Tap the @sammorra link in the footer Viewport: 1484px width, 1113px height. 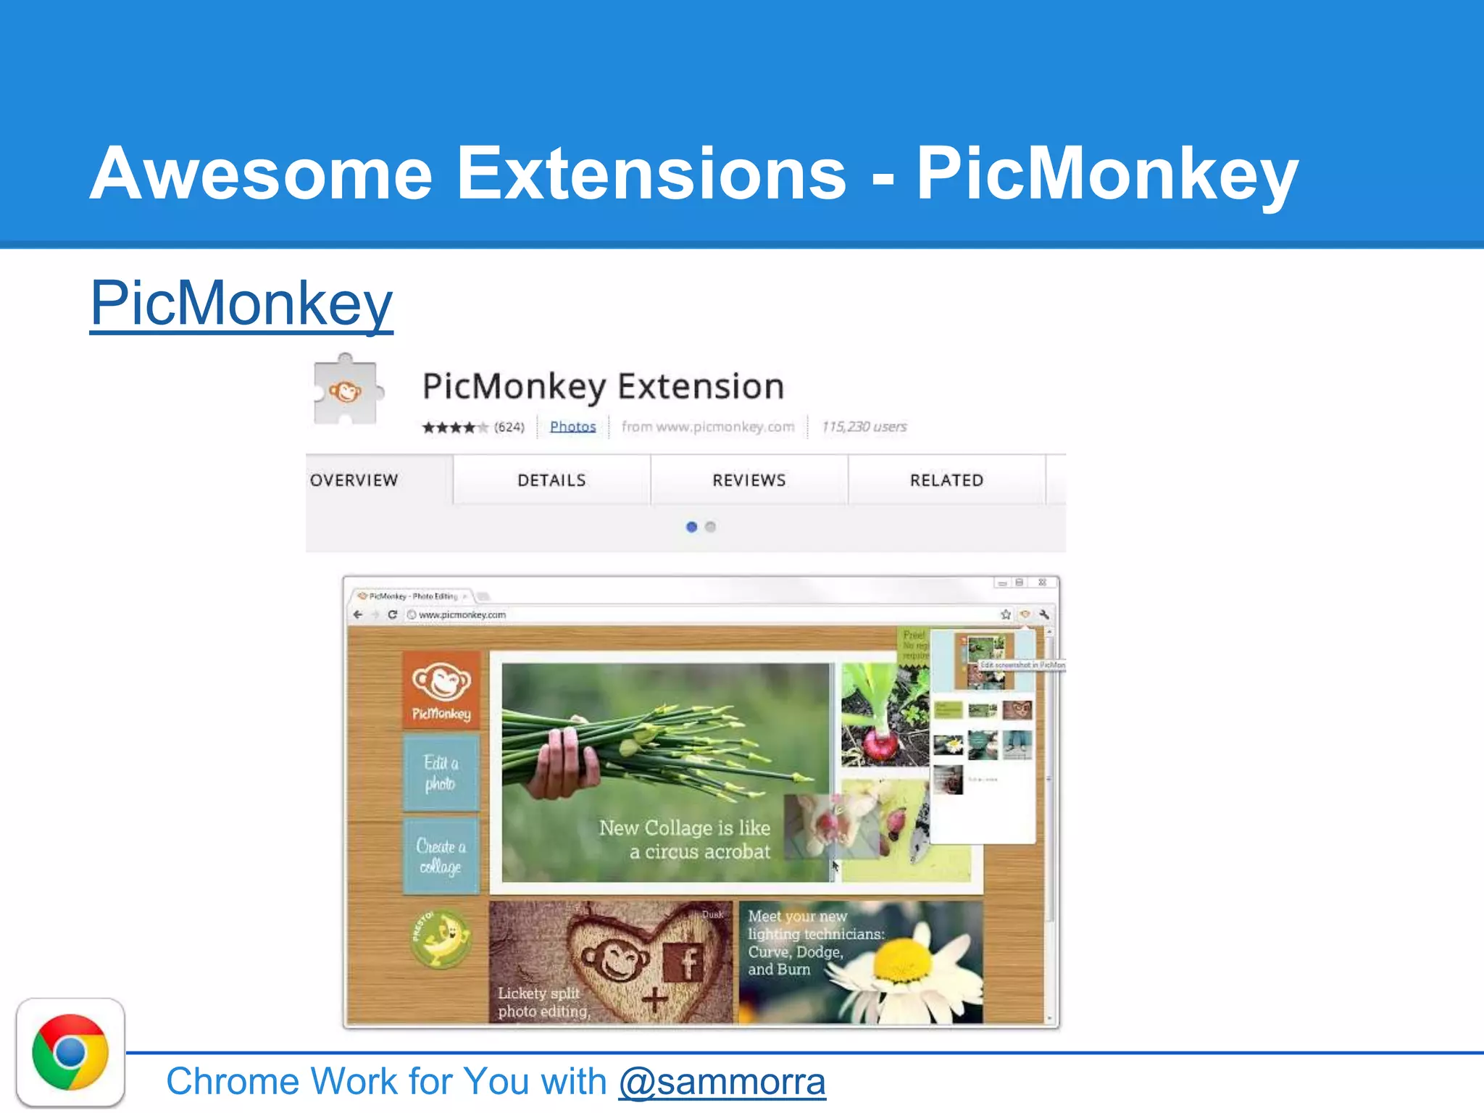pyautogui.click(x=722, y=1081)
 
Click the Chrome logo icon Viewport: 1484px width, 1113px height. pyautogui.click(x=70, y=1052)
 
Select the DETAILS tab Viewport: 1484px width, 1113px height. pyautogui.click(x=551, y=480)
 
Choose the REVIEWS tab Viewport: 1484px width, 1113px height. pyautogui.click(x=749, y=480)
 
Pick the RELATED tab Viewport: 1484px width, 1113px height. pyautogui.click(x=946, y=480)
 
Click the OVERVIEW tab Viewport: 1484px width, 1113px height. pyautogui.click(x=354, y=480)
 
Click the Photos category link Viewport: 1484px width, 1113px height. pyautogui.click(x=572, y=427)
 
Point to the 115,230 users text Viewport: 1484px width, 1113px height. pyautogui.click(x=864, y=427)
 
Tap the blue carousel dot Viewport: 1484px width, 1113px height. pyautogui.click(x=691, y=527)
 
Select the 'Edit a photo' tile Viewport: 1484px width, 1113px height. pyautogui.click(x=441, y=772)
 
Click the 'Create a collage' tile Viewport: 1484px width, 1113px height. pyautogui.click(x=441, y=856)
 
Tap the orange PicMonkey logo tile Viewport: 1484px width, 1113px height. pyautogui.click(x=441, y=689)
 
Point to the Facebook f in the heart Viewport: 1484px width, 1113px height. pyautogui.click(x=684, y=962)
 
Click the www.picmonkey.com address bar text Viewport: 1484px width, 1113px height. pyautogui.click(x=462, y=614)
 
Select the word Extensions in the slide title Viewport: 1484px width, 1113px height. pyautogui.click(x=651, y=174)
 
